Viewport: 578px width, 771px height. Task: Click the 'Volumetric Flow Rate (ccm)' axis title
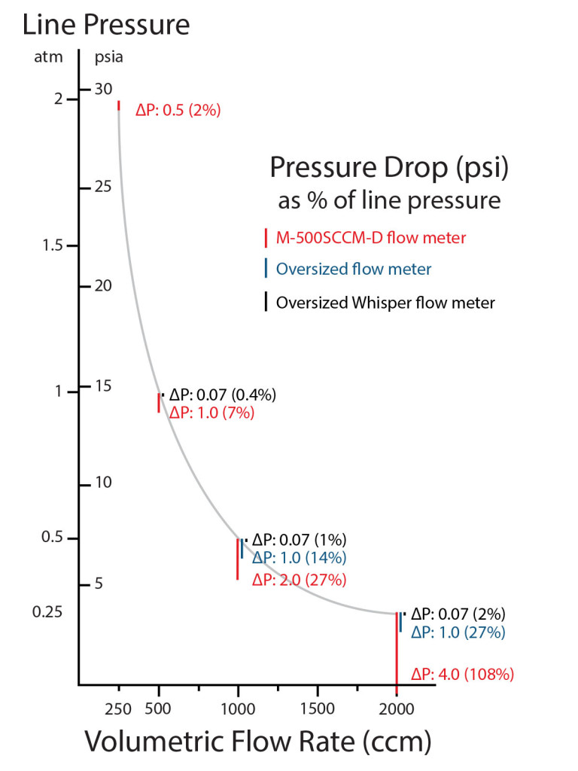[257, 741]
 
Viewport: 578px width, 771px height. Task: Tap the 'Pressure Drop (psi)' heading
[389, 166]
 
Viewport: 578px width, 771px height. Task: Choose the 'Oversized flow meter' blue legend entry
[354, 269]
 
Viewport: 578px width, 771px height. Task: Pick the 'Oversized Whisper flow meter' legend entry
[385, 303]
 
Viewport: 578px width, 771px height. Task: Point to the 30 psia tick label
[104, 89]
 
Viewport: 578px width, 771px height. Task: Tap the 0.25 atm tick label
[47, 611]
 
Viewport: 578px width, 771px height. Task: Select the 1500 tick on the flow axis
[318, 707]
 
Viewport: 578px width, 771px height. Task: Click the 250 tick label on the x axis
[119, 707]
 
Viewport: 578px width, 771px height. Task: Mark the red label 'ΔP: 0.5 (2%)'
[178, 111]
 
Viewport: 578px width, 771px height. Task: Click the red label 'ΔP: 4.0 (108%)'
[462, 675]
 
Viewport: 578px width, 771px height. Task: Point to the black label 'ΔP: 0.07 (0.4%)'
[223, 395]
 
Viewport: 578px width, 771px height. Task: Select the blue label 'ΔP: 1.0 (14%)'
[299, 558]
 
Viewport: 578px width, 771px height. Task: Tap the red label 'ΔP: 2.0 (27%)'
[299, 580]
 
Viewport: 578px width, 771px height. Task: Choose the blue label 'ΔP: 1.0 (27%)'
[458, 632]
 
